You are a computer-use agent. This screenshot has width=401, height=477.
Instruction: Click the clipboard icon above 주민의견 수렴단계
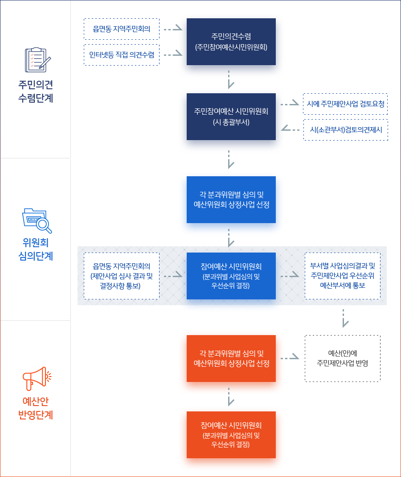tap(37, 60)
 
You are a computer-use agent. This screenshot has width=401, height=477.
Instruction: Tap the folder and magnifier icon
tap(37, 221)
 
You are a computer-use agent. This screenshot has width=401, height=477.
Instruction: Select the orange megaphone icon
tap(37, 378)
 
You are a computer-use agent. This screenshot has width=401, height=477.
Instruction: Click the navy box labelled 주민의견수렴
tap(231, 41)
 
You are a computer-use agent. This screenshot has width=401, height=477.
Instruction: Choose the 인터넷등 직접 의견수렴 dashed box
tap(122, 55)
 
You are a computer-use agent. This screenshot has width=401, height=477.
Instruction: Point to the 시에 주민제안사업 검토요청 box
tap(345, 104)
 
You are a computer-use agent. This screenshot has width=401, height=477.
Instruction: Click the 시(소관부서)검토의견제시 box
tap(346, 130)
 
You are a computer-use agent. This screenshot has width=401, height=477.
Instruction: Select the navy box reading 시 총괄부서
tap(231, 117)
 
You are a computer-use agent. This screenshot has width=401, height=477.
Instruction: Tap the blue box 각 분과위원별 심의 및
tap(231, 199)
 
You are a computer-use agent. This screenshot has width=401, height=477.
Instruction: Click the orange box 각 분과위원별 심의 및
tap(231, 358)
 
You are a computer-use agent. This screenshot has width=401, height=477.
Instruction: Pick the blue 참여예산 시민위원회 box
tap(231, 276)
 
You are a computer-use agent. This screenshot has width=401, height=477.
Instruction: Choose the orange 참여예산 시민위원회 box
tap(231, 435)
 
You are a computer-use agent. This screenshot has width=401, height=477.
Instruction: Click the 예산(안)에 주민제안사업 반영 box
tap(343, 358)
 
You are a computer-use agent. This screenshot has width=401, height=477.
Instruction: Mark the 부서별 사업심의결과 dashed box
tap(343, 276)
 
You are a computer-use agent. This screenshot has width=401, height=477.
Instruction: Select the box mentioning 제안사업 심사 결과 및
tap(122, 276)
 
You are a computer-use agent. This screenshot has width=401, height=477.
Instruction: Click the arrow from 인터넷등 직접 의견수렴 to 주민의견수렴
tap(173, 54)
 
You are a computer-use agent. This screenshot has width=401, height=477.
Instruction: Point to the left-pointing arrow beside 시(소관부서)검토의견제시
tap(291, 129)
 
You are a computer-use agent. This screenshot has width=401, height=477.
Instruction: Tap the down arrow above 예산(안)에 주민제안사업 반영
tap(344, 319)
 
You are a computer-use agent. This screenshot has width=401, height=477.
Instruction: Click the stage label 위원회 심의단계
tap(36, 249)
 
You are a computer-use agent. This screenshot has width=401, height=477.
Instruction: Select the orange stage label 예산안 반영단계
tap(36, 408)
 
